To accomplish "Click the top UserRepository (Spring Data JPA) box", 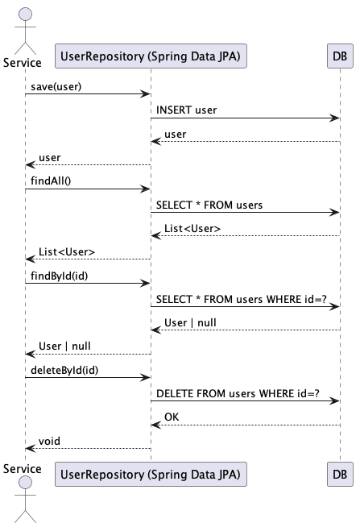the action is click(151, 56).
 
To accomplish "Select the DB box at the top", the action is click(340, 56).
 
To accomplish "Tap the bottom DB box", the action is click(340, 475).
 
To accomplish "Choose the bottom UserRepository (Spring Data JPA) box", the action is click(151, 475).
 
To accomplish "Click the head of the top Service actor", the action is click(25, 15).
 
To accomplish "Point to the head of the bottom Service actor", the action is click(25, 483).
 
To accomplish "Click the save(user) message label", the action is click(56, 87).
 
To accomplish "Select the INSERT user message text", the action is click(186, 110).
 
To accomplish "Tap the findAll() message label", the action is click(51, 181).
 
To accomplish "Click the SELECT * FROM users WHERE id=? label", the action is click(241, 299).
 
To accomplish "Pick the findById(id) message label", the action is click(59, 276).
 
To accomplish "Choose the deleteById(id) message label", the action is click(64, 370).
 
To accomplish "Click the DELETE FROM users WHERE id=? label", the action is click(238, 393).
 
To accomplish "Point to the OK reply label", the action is click(172, 417).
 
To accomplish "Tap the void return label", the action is click(49, 441).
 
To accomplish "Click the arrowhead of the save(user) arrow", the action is click(146, 93).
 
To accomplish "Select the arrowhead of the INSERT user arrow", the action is click(334, 118).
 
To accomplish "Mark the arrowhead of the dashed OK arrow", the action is click(156, 425).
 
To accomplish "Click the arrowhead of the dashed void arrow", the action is click(31, 448).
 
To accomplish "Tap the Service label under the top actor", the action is click(23, 63).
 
